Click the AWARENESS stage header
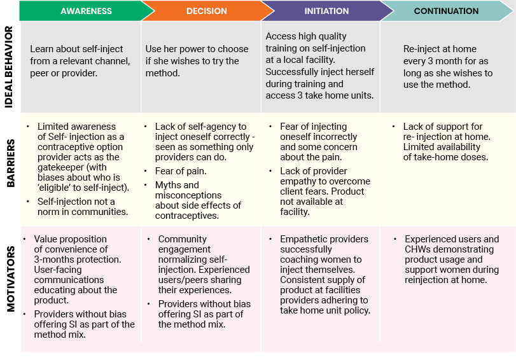86,11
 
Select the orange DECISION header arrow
207,11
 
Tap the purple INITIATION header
326,11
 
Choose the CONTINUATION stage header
446,11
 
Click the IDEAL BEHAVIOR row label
9,68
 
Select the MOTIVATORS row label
9,289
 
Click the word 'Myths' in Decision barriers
169,185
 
